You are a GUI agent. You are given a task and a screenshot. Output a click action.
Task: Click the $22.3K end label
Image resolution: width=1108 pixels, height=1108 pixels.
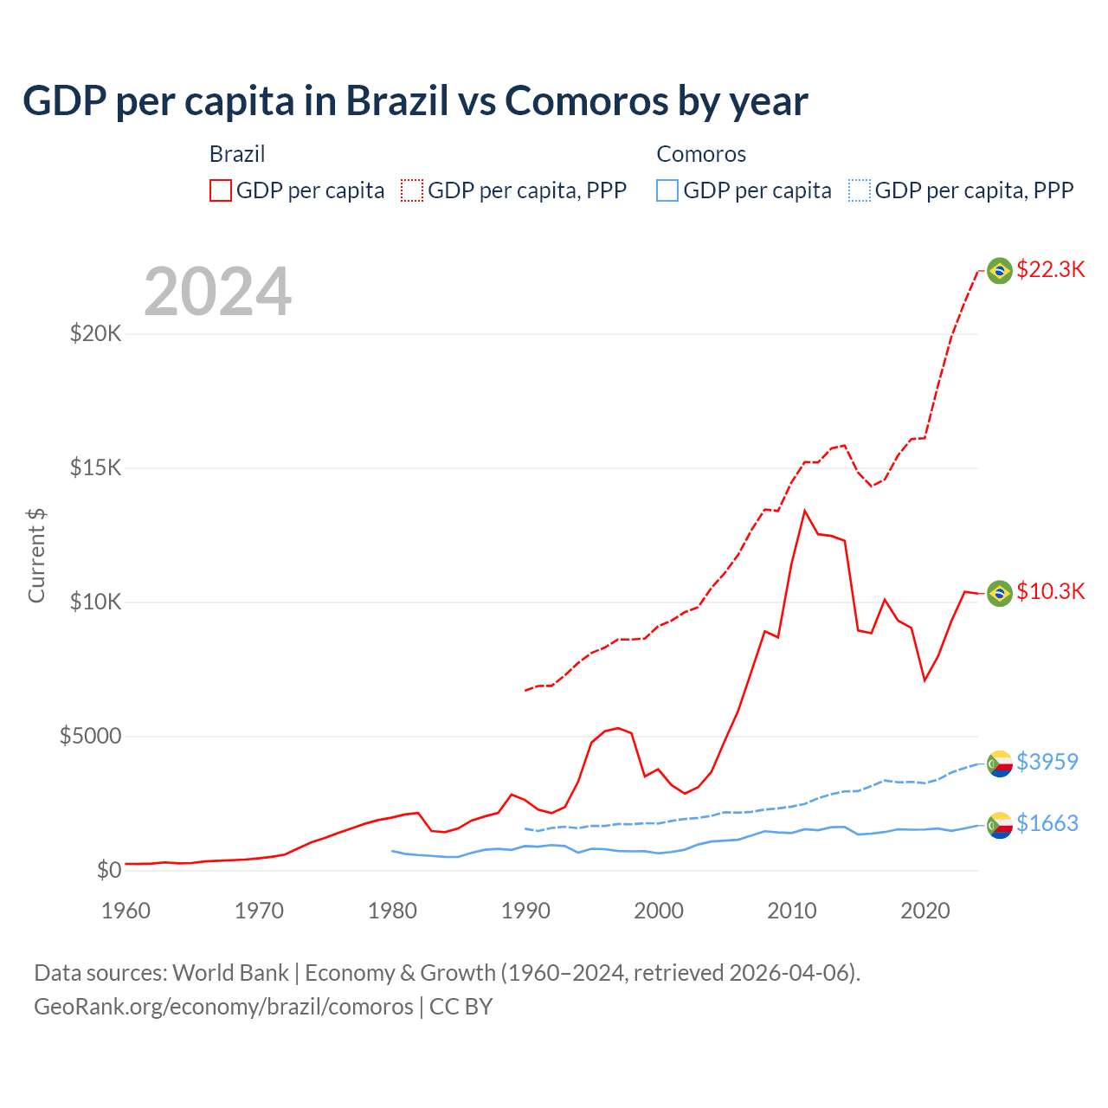[1050, 269]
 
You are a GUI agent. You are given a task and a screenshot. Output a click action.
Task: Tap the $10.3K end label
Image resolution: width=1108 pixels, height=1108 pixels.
[1050, 591]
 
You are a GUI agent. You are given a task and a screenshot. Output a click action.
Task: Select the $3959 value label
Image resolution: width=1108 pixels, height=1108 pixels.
[1047, 762]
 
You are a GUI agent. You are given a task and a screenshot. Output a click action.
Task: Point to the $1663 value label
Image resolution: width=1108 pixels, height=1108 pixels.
[1047, 823]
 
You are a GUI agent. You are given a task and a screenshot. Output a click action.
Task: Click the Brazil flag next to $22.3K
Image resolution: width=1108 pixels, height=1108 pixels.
[1000, 271]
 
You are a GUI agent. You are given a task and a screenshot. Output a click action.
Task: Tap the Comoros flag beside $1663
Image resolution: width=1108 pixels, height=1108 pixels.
[1000, 825]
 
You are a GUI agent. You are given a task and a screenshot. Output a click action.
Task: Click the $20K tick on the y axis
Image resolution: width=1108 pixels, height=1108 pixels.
[95, 333]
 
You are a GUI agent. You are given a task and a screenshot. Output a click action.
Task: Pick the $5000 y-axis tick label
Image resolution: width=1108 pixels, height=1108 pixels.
[90, 736]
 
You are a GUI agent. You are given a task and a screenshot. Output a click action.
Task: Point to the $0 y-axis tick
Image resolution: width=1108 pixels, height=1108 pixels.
[108, 870]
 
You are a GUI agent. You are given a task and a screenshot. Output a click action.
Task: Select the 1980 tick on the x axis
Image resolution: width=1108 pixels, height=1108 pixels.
[392, 911]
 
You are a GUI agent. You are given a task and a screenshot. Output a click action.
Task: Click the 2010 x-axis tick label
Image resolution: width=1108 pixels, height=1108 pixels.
[792, 911]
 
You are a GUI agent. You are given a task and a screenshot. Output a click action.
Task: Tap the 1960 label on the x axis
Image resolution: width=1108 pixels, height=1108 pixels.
[126, 911]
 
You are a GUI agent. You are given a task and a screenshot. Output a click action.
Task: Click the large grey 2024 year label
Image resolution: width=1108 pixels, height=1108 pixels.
[217, 292]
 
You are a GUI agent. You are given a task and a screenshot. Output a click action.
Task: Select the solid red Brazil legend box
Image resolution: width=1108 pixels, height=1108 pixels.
[221, 190]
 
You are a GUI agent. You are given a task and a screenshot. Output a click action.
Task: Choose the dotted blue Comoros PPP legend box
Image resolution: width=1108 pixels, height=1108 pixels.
[859, 190]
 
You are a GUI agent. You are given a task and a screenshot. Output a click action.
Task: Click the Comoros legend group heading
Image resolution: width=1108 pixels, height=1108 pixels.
[700, 154]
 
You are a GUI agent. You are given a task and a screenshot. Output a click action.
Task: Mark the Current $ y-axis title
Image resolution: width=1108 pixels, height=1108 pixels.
[36, 556]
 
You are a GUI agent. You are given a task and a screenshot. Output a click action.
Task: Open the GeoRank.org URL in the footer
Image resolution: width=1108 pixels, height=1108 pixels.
[223, 1007]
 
